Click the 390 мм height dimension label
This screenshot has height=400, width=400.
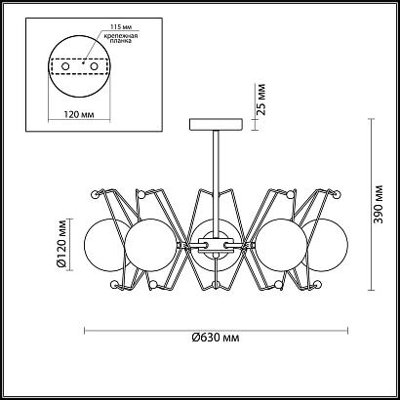[379, 204]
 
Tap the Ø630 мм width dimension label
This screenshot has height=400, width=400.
[216, 338]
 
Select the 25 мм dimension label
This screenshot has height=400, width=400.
[260, 100]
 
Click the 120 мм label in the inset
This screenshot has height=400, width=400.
[79, 114]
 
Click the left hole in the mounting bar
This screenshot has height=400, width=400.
[65, 66]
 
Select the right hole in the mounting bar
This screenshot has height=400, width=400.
[94, 66]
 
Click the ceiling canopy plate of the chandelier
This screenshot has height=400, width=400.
[216, 125]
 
